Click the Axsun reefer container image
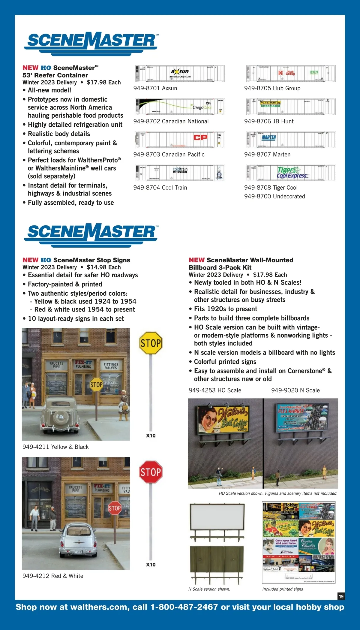tap(180, 74)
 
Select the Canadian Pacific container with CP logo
tap(180, 140)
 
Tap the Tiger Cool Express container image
tap(290, 173)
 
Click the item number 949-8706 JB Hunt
tap(269, 122)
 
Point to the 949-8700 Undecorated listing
tap(274, 197)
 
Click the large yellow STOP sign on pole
tap(151, 343)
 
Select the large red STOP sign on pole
tap(151, 472)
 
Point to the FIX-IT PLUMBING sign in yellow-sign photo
tap(83, 364)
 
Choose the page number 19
tap(341, 596)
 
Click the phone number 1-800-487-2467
tap(184, 607)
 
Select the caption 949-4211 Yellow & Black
tap(55, 447)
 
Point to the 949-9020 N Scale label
tap(295, 390)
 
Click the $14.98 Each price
tap(104, 267)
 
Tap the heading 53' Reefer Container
tap(55, 75)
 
